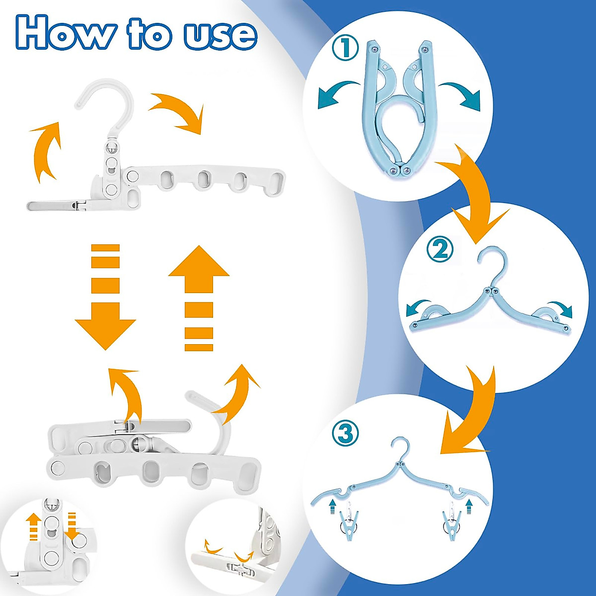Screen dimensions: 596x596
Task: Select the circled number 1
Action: click(344, 49)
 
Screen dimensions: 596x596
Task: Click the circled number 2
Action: click(440, 249)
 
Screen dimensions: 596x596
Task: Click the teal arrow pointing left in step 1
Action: click(338, 94)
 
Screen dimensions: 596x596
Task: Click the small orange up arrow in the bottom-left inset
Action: click(33, 526)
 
